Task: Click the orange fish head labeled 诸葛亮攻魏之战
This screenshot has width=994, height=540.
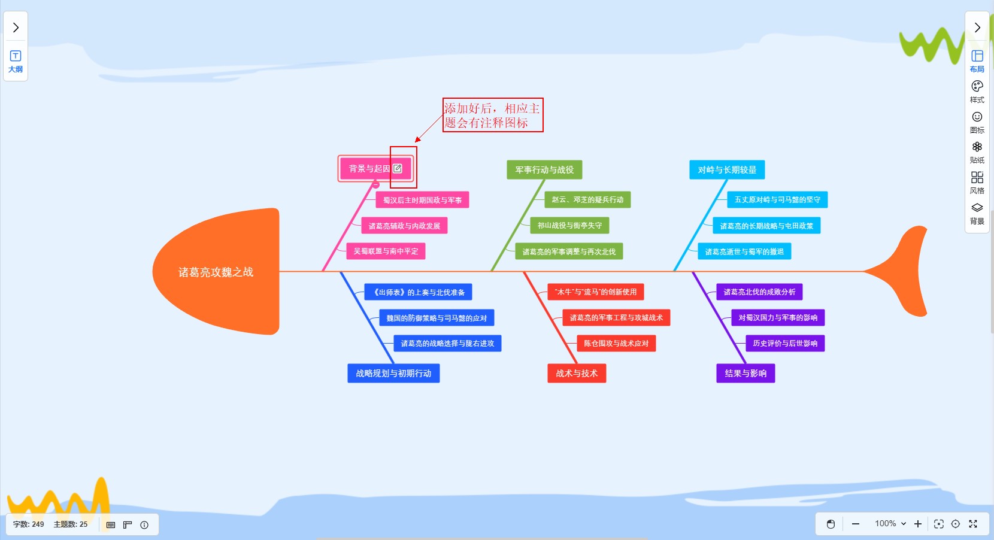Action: point(216,272)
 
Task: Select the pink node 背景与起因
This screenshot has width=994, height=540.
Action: point(368,169)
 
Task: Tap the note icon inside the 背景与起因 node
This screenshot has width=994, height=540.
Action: point(398,169)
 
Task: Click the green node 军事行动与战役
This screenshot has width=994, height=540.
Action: point(544,170)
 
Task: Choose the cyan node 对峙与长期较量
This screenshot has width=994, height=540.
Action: point(727,170)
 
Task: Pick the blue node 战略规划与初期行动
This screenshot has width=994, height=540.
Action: point(393,374)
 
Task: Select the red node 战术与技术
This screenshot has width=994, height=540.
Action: point(577,374)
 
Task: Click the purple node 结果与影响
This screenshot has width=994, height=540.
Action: point(746,374)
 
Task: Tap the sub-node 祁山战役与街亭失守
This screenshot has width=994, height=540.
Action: point(569,226)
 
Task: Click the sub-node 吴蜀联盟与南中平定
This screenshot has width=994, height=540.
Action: point(386,251)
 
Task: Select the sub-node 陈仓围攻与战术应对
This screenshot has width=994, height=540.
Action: point(616,344)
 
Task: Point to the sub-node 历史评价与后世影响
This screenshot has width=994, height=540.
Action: point(785,344)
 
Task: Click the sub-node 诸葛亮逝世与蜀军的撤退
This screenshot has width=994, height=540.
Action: point(744,252)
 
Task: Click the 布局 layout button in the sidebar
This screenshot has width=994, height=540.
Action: point(977,61)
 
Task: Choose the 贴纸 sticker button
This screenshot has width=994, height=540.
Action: point(977,152)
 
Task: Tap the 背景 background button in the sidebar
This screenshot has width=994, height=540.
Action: point(977,213)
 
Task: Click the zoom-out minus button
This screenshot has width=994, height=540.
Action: point(856,524)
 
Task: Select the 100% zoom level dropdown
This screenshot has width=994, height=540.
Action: point(890,524)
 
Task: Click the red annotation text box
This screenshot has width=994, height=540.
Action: point(493,115)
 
